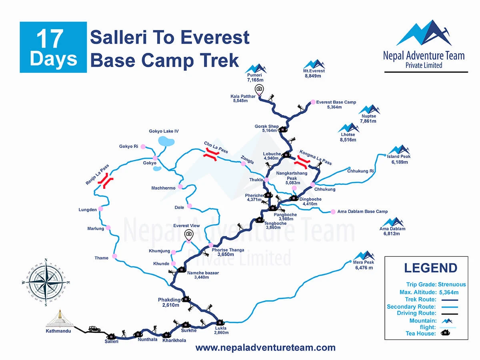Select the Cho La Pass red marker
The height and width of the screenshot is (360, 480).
(x=210, y=155)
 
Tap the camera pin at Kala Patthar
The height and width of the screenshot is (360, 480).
(x=259, y=89)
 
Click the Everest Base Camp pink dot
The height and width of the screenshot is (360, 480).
(x=313, y=102)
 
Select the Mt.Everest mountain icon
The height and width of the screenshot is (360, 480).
(x=314, y=64)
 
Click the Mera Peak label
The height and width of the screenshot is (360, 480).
(x=364, y=268)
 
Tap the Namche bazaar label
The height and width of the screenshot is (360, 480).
(x=203, y=273)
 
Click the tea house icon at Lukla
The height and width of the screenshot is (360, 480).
(x=220, y=323)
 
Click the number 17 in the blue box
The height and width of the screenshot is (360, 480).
(x=50, y=39)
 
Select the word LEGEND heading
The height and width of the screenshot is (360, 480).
(x=430, y=268)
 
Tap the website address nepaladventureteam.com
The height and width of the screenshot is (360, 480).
(x=265, y=348)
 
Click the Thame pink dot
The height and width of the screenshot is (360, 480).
(x=115, y=256)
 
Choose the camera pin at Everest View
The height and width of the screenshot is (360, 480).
(x=188, y=234)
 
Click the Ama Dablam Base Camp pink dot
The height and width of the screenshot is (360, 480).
(x=333, y=212)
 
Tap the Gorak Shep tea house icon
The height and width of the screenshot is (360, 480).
(x=283, y=130)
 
